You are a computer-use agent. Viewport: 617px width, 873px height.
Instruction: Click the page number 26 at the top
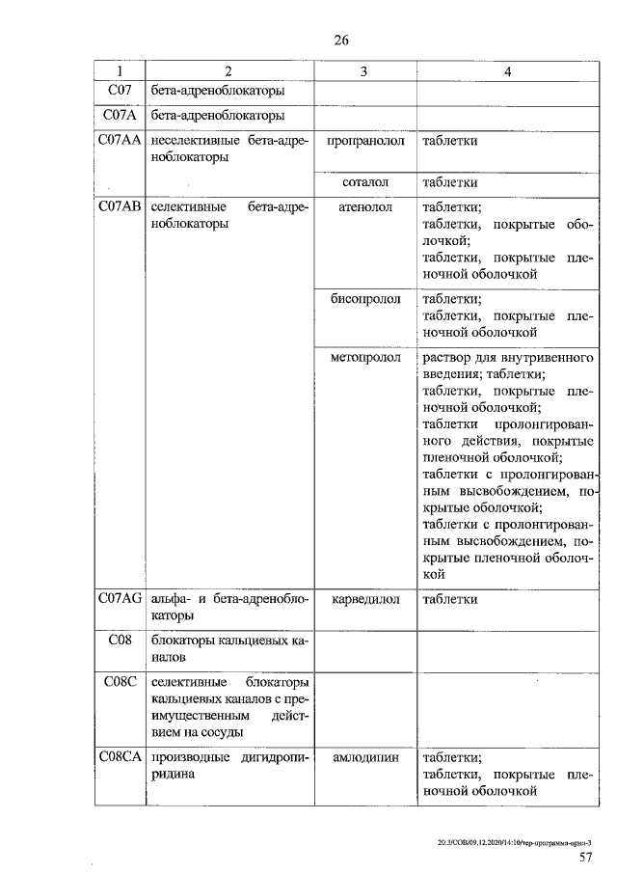click(x=340, y=40)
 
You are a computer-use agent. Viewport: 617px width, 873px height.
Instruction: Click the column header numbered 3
click(x=364, y=71)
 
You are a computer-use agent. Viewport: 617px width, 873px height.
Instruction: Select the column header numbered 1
click(x=119, y=71)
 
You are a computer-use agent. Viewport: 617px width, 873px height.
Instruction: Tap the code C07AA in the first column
click(x=120, y=141)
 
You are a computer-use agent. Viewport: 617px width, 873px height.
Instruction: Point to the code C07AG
click(x=120, y=599)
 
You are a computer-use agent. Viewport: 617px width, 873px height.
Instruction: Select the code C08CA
click(x=120, y=758)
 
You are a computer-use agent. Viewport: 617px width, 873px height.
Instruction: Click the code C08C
click(x=119, y=681)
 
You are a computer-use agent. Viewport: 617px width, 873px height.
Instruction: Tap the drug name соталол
click(x=364, y=182)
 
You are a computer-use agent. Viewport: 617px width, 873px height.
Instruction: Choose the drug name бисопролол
click(x=364, y=299)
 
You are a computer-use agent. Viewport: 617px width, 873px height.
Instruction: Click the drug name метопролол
click(x=364, y=358)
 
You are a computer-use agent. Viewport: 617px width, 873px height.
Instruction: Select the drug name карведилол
click(x=364, y=599)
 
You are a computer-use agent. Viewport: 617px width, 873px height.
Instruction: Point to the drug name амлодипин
click(x=364, y=758)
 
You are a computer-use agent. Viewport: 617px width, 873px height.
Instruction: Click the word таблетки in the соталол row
click(x=450, y=182)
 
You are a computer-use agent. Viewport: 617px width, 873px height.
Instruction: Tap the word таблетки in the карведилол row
click(x=450, y=599)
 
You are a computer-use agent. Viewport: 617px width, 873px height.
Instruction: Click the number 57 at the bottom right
click(x=585, y=857)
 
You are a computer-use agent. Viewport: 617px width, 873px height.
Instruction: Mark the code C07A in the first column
click(x=119, y=116)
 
